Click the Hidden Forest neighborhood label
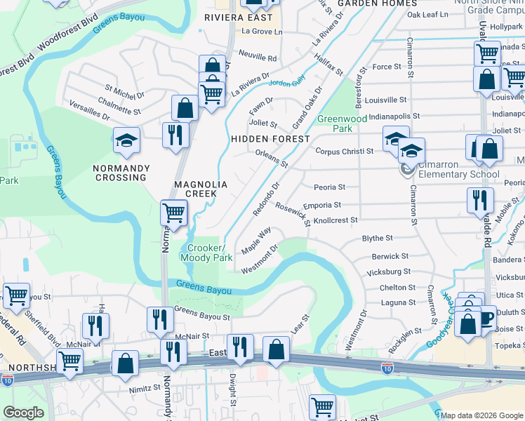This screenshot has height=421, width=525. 270,139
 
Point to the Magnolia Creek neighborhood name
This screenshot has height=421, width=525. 201,188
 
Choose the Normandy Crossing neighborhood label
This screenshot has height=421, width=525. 120,173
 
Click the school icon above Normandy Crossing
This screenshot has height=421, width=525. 126,141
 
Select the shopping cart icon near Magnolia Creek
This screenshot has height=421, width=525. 173,212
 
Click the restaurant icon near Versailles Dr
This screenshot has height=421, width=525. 175,133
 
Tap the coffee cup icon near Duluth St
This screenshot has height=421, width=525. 484,323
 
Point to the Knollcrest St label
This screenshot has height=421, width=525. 335,220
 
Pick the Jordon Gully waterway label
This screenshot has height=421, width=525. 288,82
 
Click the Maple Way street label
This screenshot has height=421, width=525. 256,241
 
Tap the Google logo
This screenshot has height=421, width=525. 23,413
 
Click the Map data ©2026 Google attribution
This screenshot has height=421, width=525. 482,415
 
